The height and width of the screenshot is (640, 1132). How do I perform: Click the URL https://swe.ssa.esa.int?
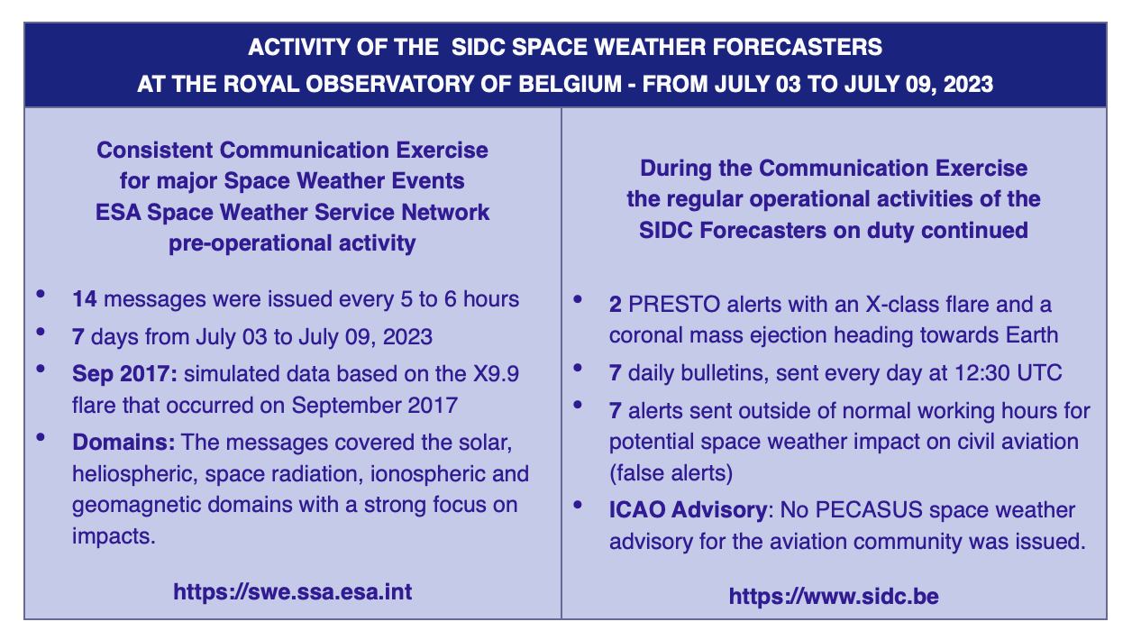point(293,591)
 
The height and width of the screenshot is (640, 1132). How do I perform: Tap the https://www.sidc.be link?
point(834,596)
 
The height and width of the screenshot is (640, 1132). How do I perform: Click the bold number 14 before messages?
point(85,298)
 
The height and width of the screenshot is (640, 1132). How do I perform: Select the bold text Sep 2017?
point(124,374)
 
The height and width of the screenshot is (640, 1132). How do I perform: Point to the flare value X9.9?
point(496,373)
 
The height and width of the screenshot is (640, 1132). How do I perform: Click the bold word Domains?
point(123,442)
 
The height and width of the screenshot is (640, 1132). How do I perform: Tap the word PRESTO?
point(674,305)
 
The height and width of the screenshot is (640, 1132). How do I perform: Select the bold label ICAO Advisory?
point(689,509)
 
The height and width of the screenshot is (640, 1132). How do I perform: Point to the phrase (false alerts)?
point(671,473)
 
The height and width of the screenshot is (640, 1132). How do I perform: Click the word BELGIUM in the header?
point(570,84)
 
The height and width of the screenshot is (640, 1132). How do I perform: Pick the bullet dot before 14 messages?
point(41,294)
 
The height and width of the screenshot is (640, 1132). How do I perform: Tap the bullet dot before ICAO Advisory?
point(578,505)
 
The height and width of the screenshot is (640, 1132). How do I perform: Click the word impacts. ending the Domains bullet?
point(114,535)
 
